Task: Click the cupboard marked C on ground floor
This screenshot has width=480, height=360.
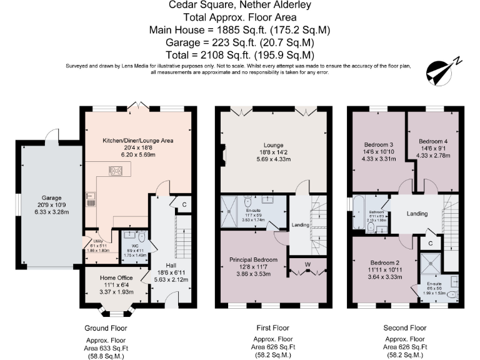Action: click(x=185, y=203)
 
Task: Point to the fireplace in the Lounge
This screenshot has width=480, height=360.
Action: click(x=223, y=152)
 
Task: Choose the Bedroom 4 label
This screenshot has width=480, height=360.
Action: click(x=433, y=141)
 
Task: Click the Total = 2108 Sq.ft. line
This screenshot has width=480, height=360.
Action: click(x=240, y=54)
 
